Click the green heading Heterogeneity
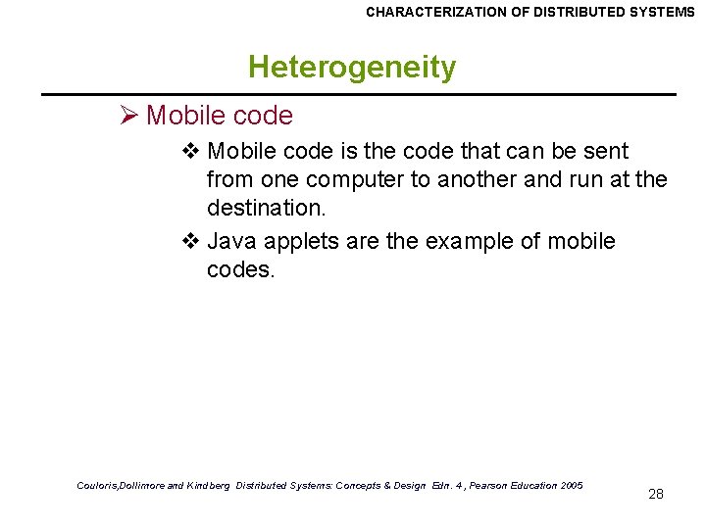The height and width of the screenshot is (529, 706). (352, 68)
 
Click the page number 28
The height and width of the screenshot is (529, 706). (656, 494)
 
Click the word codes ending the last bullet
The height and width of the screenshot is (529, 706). (240, 269)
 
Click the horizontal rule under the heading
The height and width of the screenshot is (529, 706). (358, 94)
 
